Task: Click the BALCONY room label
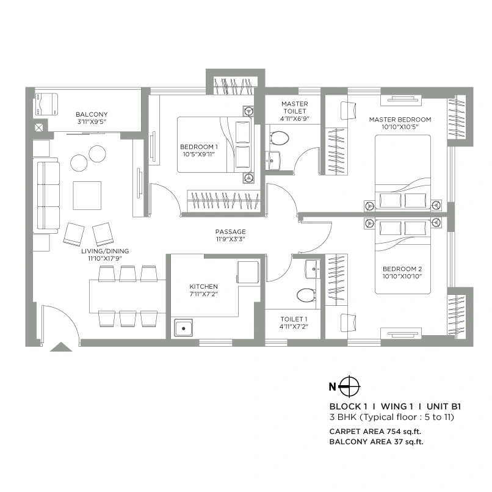pyautogui.click(x=92, y=115)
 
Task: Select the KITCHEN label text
pyautogui.click(x=203, y=286)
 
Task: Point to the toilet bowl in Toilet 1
pyautogui.click(x=305, y=295)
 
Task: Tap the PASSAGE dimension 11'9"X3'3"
pyautogui.click(x=230, y=240)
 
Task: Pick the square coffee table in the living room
pyautogui.click(x=87, y=195)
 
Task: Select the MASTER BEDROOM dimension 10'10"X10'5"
pyautogui.click(x=400, y=128)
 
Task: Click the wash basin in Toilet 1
pyautogui.click(x=311, y=267)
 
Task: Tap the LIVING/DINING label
pyautogui.click(x=105, y=251)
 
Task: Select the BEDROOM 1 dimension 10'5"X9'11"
pyautogui.click(x=198, y=155)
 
